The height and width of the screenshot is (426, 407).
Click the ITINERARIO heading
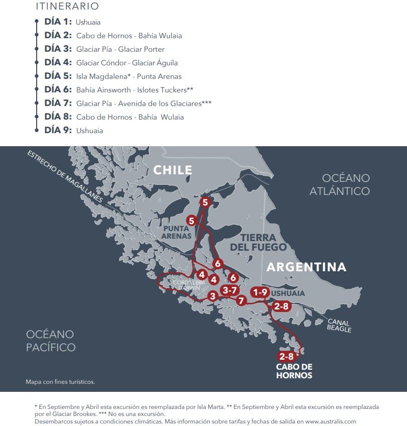[67, 7]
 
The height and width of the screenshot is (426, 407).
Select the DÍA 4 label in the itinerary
[58, 63]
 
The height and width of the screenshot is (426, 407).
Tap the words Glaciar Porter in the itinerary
[142, 49]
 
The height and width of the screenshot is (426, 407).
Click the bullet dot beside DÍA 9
[37, 130]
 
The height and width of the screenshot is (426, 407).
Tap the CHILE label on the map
[173, 170]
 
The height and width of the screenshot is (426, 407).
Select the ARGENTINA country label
[306, 267]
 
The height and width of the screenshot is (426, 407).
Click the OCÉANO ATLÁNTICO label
[340, 184]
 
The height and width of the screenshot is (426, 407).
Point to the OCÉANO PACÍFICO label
[51, 341]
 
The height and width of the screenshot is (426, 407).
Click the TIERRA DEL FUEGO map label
[258, 242]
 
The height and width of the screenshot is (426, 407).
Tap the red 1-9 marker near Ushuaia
[261, 292]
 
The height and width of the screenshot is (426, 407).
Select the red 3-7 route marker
[230, 290]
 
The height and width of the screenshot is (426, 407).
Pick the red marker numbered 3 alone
[213, 296]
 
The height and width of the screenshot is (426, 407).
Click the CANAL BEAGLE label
[340, 326]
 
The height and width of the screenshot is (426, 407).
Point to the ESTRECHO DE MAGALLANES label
[65, 176]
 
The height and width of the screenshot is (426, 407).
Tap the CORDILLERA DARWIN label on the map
[186, 285]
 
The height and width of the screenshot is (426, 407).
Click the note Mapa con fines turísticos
[60, 382]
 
